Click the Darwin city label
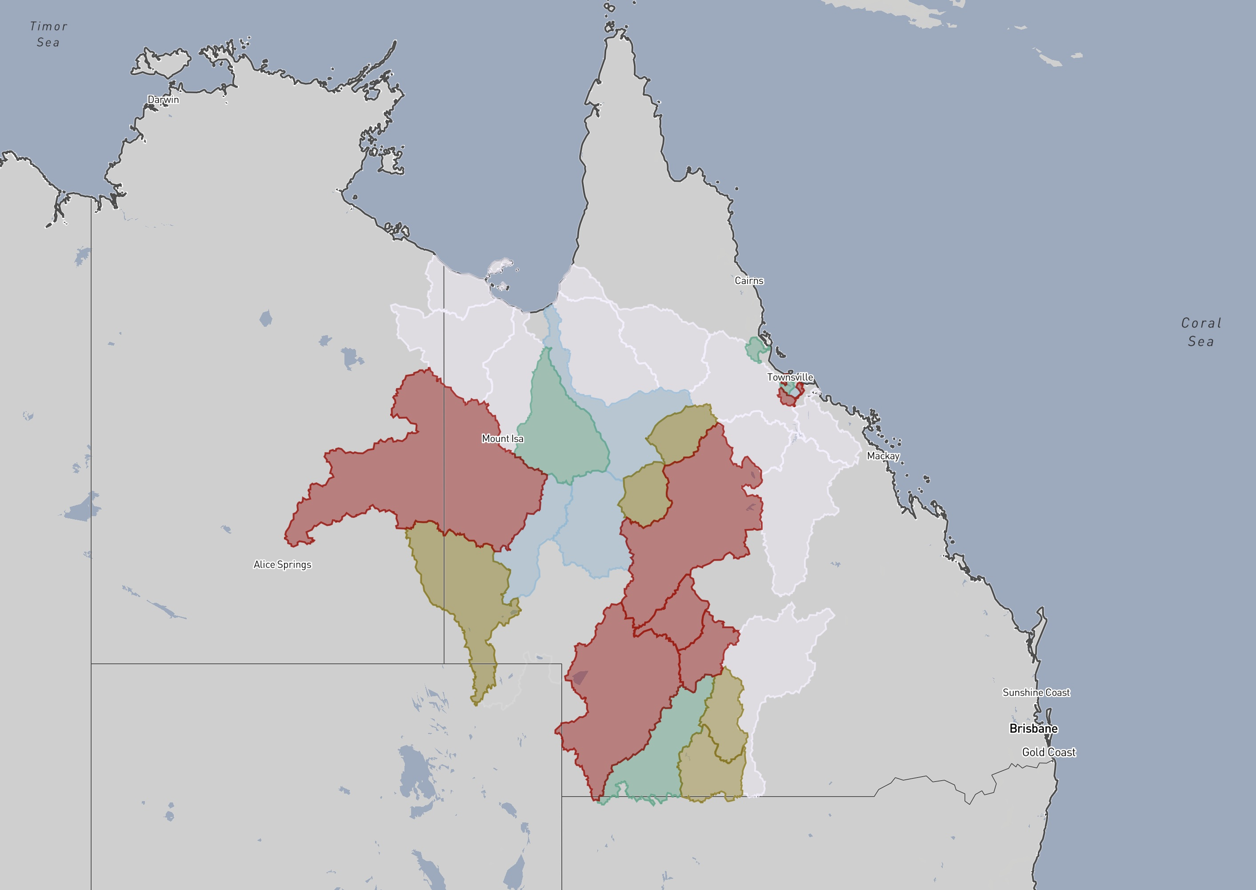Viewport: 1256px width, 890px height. [x=163, y=100]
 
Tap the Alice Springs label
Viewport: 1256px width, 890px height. [x=282, y=565]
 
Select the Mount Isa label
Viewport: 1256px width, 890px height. [x=502, y=438]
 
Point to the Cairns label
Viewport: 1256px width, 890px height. [x=749, y=281]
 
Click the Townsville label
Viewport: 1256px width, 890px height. [x=790, y=377]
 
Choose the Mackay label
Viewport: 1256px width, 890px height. [x=883, y=456]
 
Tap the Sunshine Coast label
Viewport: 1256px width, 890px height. [x=1036, y=693]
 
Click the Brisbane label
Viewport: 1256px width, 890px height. [x=1033, y=728]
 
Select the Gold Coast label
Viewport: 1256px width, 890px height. [x=1048, y=753]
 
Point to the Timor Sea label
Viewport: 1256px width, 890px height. [x=48, y=34]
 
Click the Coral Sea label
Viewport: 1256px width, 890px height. [x=1201, y=332]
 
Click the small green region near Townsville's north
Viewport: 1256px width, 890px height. [x=756, y=349]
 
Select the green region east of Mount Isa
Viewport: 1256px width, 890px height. [x=561, y=433]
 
